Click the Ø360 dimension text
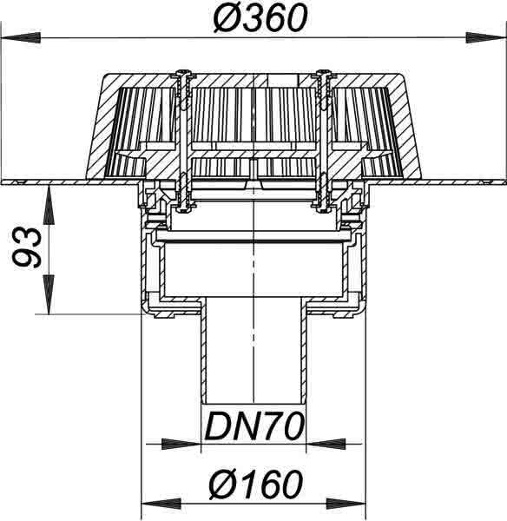(x=260, y=18)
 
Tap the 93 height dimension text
(x=27, y=247)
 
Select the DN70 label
(x=254, y=426)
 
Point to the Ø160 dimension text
(x=256, y=484)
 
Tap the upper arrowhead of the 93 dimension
(x=49, y=205)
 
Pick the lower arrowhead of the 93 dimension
(x=49, y=293)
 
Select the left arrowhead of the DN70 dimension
(x=181, y=444)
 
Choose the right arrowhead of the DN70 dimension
(x=326, y=444)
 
